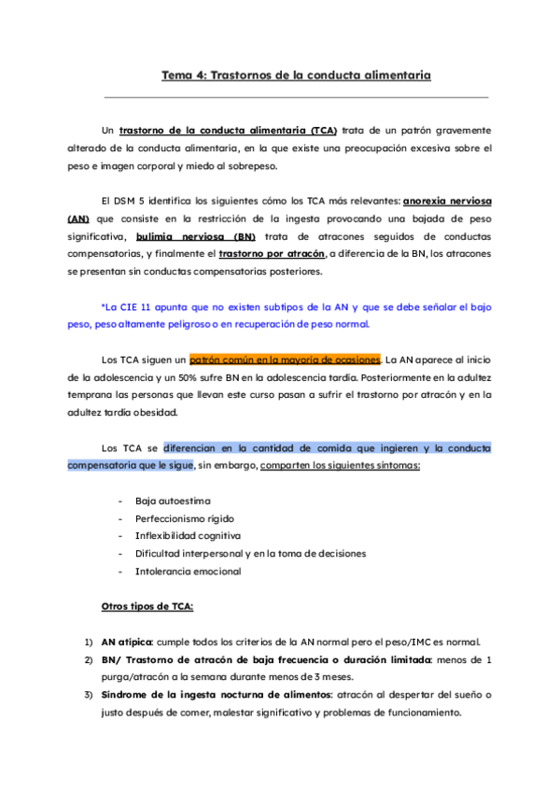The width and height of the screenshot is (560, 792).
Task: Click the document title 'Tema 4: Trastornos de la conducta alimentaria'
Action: (x=297, y=75)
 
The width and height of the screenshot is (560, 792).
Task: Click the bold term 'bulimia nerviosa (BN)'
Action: (x=195, y=236)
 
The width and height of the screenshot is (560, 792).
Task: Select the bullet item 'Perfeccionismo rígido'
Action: (x=184, y=518)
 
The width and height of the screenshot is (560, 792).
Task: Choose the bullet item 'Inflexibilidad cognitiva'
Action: (x=188, y=536)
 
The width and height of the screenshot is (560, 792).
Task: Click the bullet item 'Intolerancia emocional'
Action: (x=188, y=571)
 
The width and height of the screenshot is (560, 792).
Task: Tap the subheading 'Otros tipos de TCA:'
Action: (x=147, y=606)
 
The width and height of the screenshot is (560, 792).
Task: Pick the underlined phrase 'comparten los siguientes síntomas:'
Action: (x=341, y=465)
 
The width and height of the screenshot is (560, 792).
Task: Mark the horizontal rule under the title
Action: (x=297, y=96)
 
